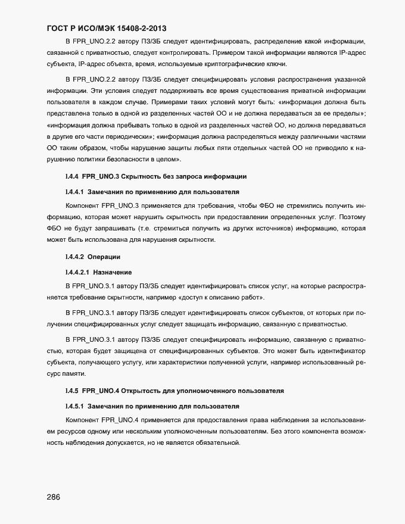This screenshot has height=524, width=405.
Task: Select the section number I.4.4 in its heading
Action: (x=71, y=177)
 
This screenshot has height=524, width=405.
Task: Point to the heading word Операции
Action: (x=104, y=257)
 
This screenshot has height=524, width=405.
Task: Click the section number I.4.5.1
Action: (x=75, y=407)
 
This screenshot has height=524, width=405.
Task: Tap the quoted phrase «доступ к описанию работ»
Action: (x=223, y=297)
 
